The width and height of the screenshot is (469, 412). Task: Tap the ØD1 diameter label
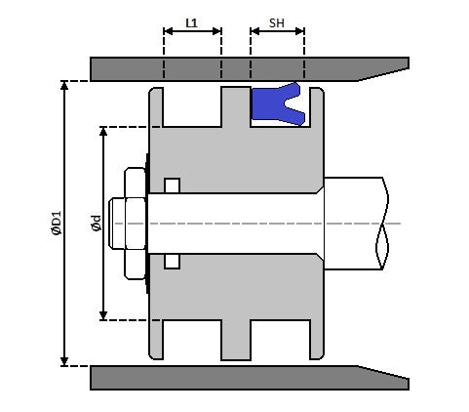click(x=56, y=224)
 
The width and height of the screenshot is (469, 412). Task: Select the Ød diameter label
click(x=96, y=224)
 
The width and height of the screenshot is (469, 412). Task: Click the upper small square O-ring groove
click(x=173, y=185)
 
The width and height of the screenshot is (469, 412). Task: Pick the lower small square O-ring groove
click(x=173, y=261)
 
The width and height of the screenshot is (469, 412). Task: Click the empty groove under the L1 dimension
click(x=192, y=105)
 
